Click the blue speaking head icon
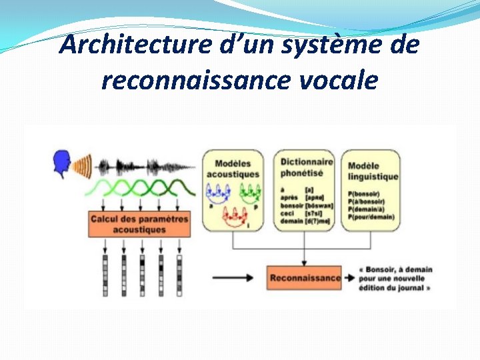click(x=62, y=164)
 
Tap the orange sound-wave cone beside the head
click(x=83, y=165)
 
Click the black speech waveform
click(x=143, y=167)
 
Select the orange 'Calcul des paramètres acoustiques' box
click(x=139, y=224)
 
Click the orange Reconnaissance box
click(x=304, y=277)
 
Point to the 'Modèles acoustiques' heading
click(x=233, y=169)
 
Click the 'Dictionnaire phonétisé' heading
click(x=306, y=167)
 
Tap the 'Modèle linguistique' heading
click(x=373, y=171)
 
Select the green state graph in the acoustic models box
click(x=249, y=194)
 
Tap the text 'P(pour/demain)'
click(x=371, y=217)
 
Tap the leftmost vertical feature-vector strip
click(x=105, y=274)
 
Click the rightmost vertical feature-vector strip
click(x=179, y=274)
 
